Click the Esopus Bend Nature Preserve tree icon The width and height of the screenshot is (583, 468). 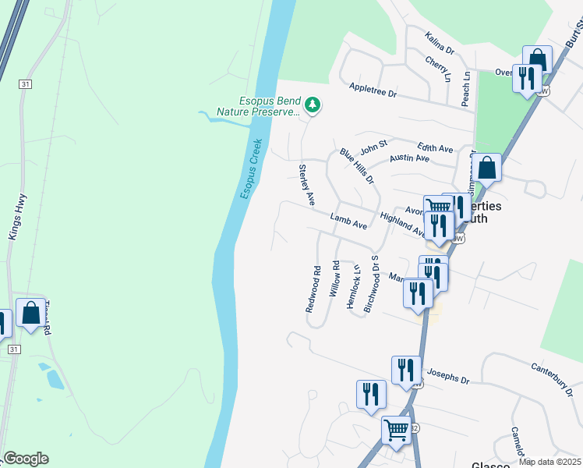(x=313, y=105)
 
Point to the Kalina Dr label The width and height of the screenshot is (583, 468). (x=439, y=44)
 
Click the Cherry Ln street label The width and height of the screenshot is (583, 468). (x=438, y=68)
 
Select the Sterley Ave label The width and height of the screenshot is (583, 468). (x=306, y=185)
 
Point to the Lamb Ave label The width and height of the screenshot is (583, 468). (x=348, y=222)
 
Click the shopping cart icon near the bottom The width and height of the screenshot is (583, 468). (x=397, y=428)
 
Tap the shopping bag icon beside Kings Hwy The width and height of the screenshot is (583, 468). (x=30, y=314)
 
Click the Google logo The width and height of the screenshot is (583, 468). (x=26, y=459)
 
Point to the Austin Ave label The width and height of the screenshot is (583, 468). (x=410, y=158)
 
